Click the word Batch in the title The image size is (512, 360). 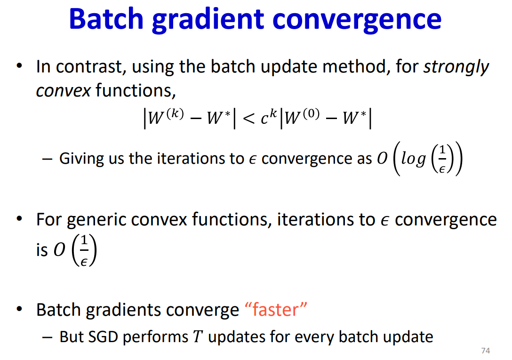coord(106,19)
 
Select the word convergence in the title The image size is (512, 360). coord(357,21)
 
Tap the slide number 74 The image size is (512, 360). coord(486,351)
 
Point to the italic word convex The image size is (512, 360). coord(63,91)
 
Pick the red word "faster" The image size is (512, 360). coord(276,309)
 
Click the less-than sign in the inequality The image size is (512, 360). coord(249,118)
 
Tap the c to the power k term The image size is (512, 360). coord(268,117)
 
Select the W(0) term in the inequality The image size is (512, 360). coord(302,117)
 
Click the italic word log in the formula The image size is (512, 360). coord(413,159)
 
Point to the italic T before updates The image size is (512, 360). coord(198,337)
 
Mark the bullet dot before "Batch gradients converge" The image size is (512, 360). coord(19,309)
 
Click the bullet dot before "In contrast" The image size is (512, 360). coord(19,66)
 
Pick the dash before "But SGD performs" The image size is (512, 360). coord(47,337)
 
